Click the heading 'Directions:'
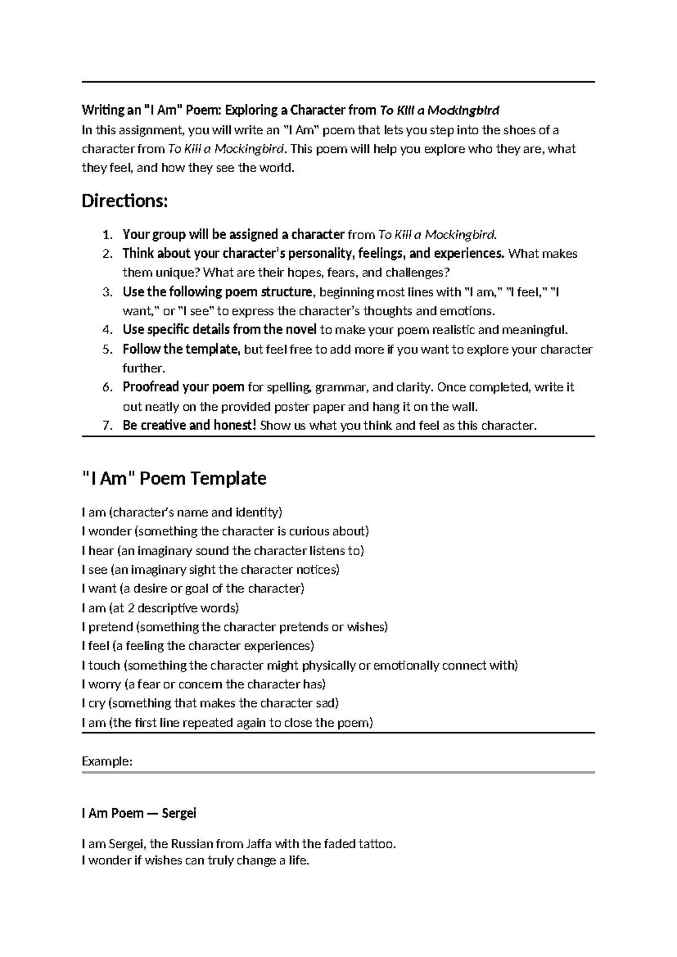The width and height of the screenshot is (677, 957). pos(125,201)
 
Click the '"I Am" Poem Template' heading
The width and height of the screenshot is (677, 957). pos(174,479)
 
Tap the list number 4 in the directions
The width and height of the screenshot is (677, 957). pos(108,330)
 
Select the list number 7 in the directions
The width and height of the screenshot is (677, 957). pos(108,425)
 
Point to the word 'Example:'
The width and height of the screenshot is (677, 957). pos(107,761)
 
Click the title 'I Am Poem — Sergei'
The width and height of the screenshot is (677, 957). pos(139,813)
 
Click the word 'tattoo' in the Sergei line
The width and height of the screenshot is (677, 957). pos(376,844)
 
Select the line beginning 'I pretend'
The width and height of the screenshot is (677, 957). pos(235,627)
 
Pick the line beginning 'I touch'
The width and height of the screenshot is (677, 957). pos(299,665)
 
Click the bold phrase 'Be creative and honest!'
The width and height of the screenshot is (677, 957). pos(190,425)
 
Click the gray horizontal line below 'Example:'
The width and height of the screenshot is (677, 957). pos(338,772)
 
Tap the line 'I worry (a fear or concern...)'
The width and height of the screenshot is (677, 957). pos(204,684)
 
